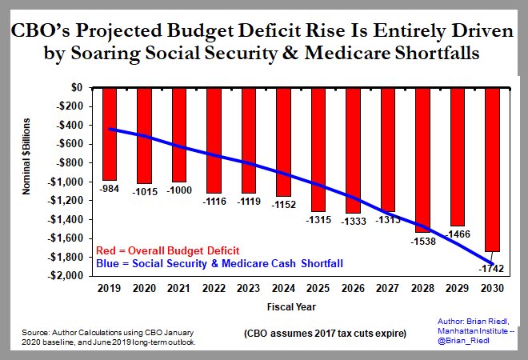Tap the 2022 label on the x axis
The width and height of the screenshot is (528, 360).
coord(213,288)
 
